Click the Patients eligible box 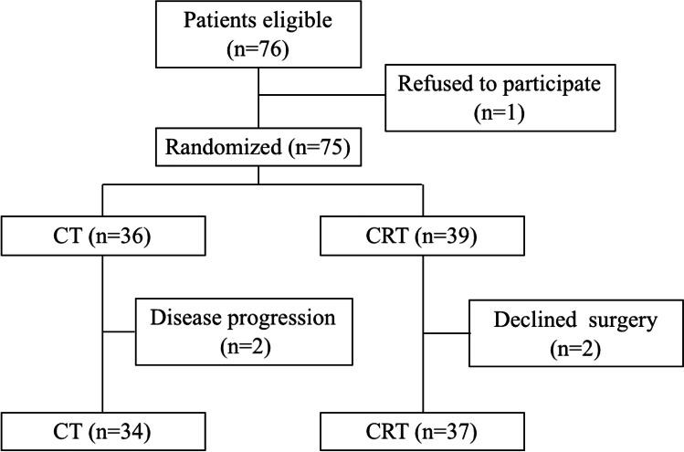point(259,34)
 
